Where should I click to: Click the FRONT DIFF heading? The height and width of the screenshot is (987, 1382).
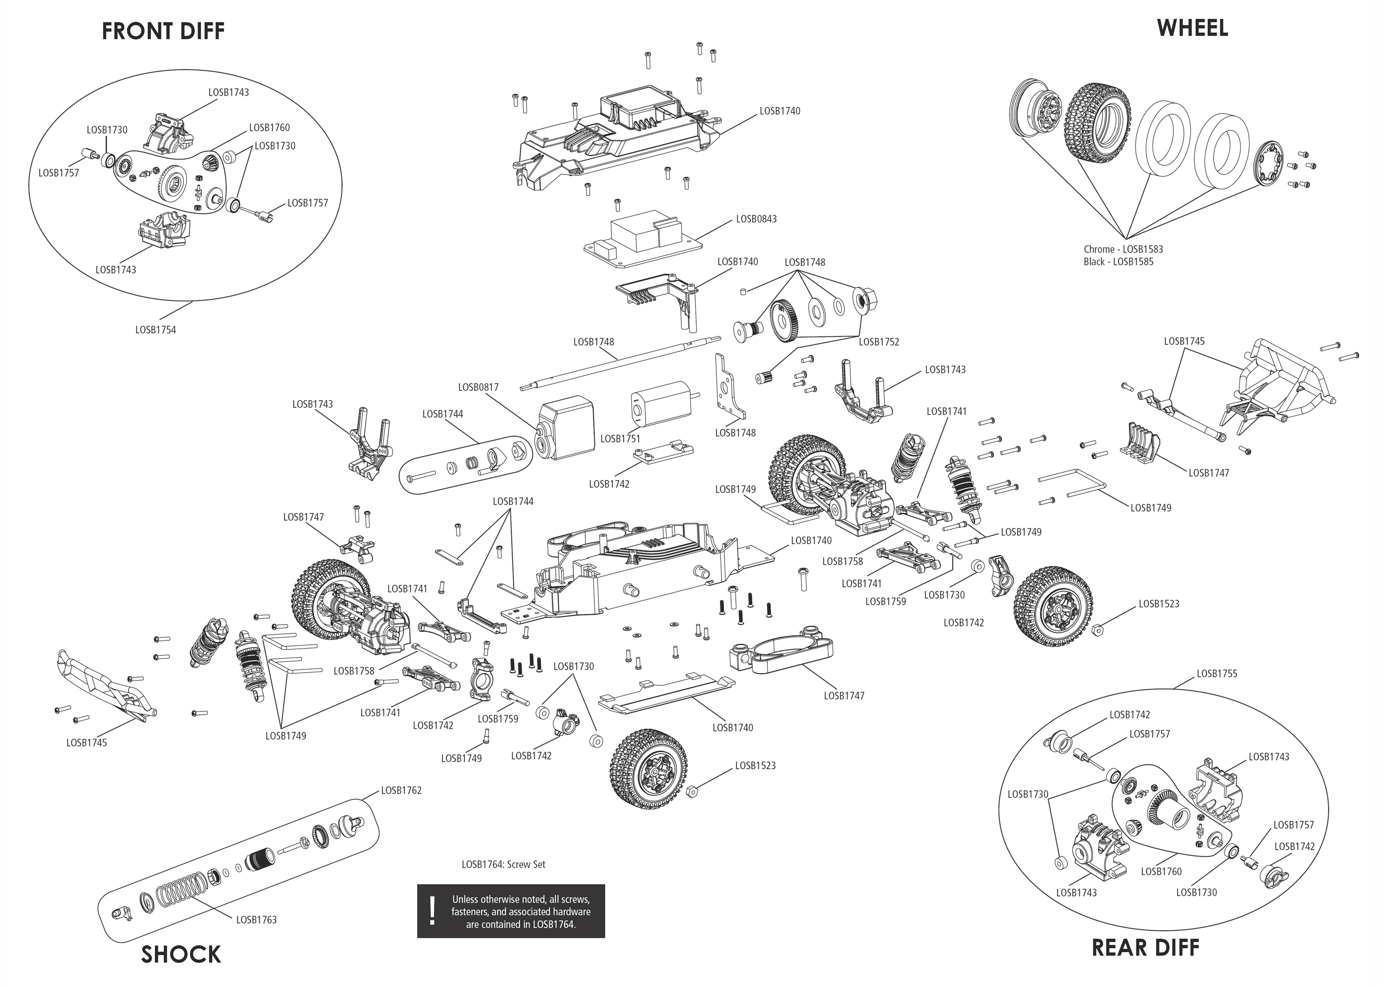click(x=163, y=31)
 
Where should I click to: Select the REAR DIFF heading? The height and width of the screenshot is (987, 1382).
click(x=1145, y=948)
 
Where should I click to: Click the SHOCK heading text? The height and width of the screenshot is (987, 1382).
click(x=181, y=955)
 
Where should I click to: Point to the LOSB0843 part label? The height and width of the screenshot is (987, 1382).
click(x=756, y=219)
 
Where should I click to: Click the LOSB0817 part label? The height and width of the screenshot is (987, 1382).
click(x=478, y=387)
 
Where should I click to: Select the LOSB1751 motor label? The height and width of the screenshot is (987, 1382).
click(x=620, y=439)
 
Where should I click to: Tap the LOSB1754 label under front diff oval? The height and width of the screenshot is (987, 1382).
click(x=156, y=330)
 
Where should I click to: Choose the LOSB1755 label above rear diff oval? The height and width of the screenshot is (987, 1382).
click(x=1217, y=673)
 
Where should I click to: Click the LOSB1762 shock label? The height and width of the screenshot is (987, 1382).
click(x=401, y=790)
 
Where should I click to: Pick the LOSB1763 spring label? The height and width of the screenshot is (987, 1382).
click(x=257, y=920)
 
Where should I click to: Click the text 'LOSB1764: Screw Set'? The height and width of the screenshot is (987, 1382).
click(x=503, y=864)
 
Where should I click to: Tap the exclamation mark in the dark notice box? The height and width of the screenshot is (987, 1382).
click(x=433, y=910)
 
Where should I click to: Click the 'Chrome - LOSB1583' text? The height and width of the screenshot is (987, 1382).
click(x=1123, y=249)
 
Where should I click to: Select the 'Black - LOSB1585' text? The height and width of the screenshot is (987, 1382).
click(x=1118, y=262)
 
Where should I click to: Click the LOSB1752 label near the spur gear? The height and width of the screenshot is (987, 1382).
click(x=879, y=342)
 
